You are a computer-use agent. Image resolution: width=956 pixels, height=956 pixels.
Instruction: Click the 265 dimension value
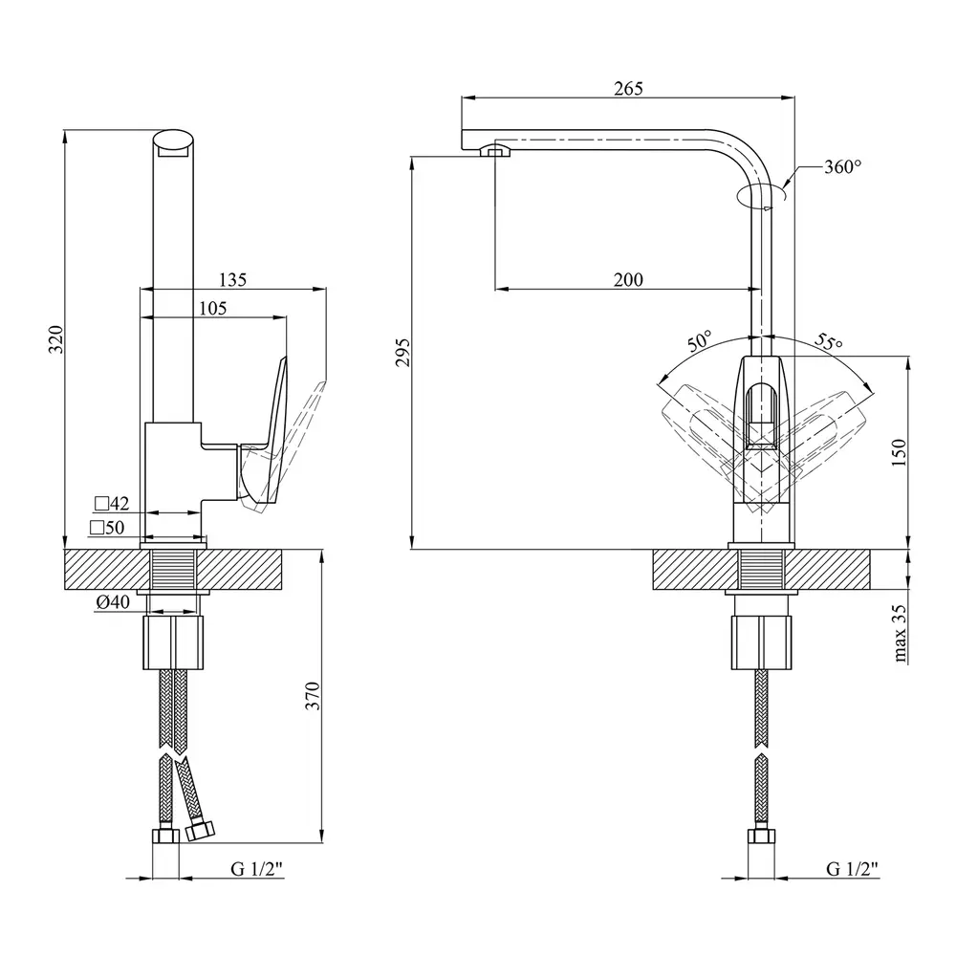tap(628, 89)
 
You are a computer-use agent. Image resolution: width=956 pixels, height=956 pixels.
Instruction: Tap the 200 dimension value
tap(628, 279)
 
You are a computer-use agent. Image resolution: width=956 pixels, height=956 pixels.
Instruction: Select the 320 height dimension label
tap(54, 339)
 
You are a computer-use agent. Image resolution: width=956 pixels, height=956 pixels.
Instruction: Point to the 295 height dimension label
tap(402, 352)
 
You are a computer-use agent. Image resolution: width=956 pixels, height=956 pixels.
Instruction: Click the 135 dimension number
tap(232, 280)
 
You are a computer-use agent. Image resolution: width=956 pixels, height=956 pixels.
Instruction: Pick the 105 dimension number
tap(213, 308)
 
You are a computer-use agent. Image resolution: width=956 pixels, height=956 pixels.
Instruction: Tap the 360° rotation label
tap(843, 167)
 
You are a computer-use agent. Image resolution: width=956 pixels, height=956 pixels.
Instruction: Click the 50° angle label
tap(699, 340)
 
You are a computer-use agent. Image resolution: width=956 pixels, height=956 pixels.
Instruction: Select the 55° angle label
tap(828, 341)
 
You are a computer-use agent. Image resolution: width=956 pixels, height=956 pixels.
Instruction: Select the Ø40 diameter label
tap(114, 602)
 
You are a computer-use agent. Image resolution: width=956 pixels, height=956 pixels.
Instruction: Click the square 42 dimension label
tap(111, 503)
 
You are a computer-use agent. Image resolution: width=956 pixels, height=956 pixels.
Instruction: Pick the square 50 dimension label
tap(107, 528)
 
